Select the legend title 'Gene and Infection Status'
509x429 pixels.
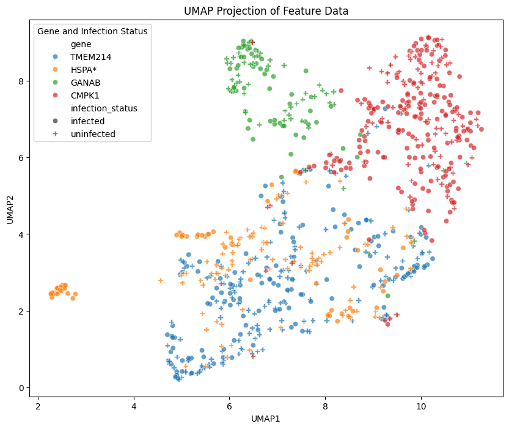pos(92,31)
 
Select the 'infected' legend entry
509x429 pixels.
pos(88,121)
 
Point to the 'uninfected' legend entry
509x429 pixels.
pos(93,134)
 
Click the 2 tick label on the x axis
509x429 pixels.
pos(38,405)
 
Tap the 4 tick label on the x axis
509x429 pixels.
pos(134,405)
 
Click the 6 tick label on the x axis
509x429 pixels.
pos(229,405)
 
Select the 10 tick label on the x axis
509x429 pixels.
pos(421,405)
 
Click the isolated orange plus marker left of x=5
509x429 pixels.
pos(161,281)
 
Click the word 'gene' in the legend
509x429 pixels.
pos(81,44)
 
